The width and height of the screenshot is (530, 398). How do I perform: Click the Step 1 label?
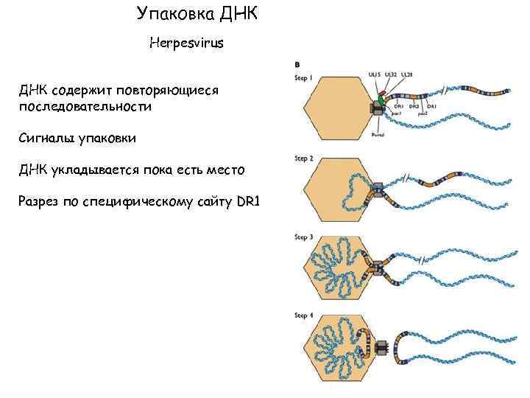click(304, 77)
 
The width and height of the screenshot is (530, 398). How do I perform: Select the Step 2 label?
click(304, 158)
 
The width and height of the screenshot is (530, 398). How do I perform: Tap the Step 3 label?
click(304, 237)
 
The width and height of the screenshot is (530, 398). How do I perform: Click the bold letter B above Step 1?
click(297, 65)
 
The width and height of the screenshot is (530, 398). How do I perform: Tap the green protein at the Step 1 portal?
click(381, 99)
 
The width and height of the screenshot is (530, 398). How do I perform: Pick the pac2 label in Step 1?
click(423, 114)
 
